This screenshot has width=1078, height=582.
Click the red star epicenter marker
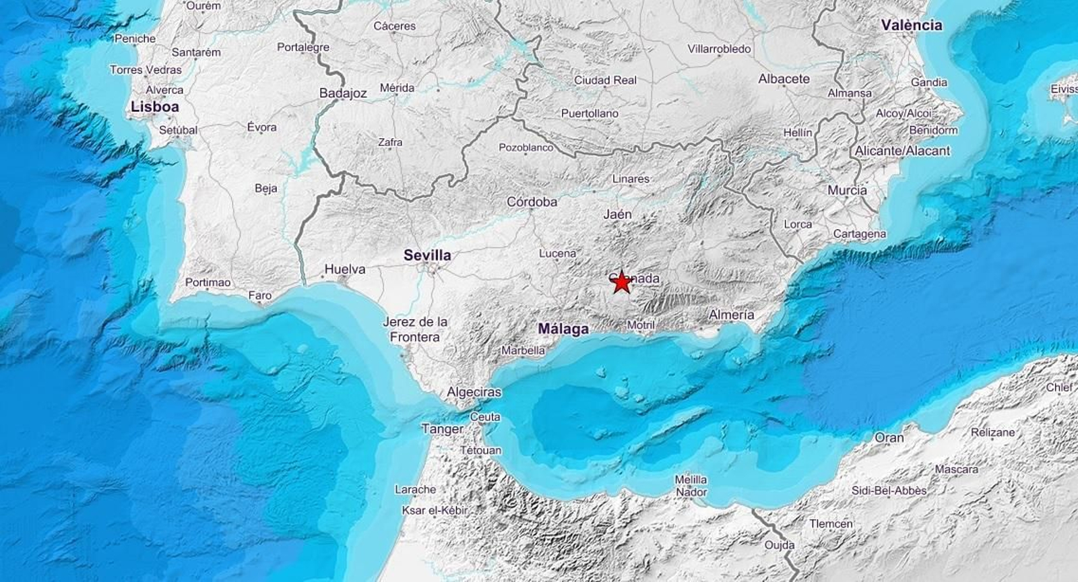[621, 282]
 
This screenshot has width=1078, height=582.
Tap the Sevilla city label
[427, 255]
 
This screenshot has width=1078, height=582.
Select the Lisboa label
[155, 106]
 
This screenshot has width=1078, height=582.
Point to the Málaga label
[563, 329]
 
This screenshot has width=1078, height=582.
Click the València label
[912, 25]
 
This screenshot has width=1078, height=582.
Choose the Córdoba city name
[532, 201]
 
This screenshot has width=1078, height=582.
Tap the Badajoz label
[343, 94]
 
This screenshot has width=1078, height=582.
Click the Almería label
[731, 315]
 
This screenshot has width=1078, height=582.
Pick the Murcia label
[847, 191]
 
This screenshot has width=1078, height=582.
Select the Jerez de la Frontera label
[415, 329]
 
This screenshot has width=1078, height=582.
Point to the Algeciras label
[474, 392]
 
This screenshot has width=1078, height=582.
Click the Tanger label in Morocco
[442, 428]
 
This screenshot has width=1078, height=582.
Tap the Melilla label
[691, 479]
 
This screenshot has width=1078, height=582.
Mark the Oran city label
[889, 437]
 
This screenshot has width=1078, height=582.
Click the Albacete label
[784, 79]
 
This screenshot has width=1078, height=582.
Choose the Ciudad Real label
[605, 80]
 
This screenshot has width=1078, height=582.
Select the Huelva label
[345, 269]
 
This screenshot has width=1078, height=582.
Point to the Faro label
[260, 295]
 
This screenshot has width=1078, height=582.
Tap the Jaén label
[617, 214]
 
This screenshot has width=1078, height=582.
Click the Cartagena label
[859, 234]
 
